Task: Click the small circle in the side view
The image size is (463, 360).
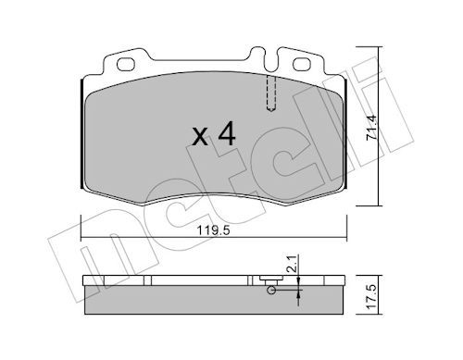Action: coord(270,292)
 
